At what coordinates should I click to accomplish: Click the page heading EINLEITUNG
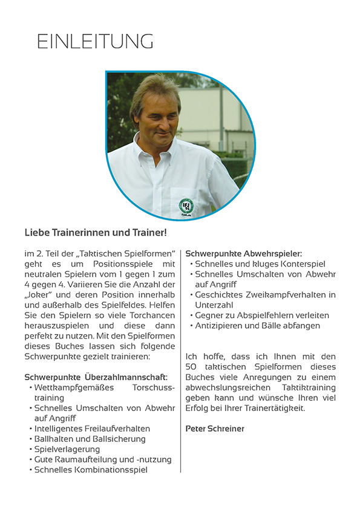tap(95, 41)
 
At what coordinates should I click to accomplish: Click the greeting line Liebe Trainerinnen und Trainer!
tap(95, 232)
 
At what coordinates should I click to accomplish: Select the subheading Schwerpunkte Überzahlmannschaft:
tap(96, 377)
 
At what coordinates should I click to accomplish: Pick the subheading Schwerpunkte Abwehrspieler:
tap(243, 253)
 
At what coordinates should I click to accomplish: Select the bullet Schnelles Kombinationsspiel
tap(91, 470)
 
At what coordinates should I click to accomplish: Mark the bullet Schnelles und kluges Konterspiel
tap(260, 264)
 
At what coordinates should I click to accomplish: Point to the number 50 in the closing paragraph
tap(191, 366)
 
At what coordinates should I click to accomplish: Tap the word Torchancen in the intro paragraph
tap(154, 315)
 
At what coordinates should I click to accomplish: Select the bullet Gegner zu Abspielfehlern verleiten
tap(262, 315)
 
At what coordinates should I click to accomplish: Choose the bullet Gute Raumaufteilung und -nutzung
tap(103, 459)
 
